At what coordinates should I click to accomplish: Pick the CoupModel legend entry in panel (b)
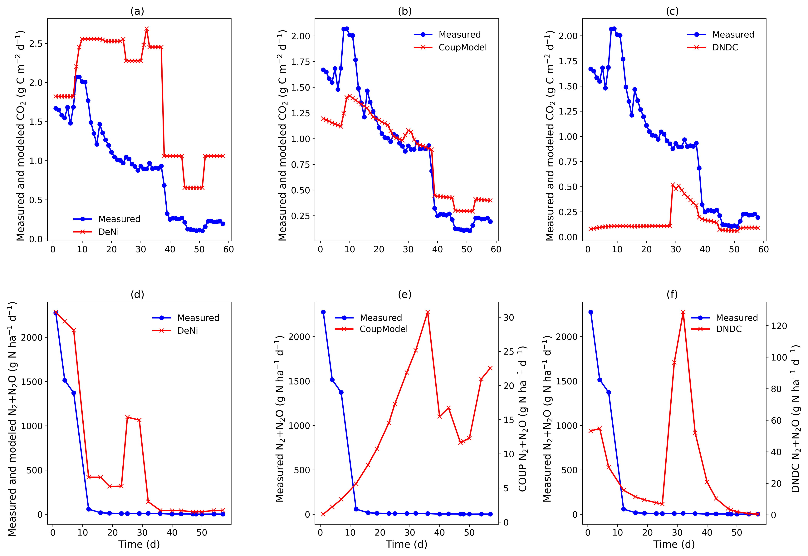[x=462, y=47]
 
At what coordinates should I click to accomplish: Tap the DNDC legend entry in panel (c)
[x=725, y=47]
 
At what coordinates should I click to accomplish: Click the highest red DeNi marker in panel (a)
[x=147, y=29]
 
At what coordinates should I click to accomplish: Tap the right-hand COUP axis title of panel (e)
[x=522, y=419]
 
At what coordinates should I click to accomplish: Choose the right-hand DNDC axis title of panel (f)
[x=796, y=419]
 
